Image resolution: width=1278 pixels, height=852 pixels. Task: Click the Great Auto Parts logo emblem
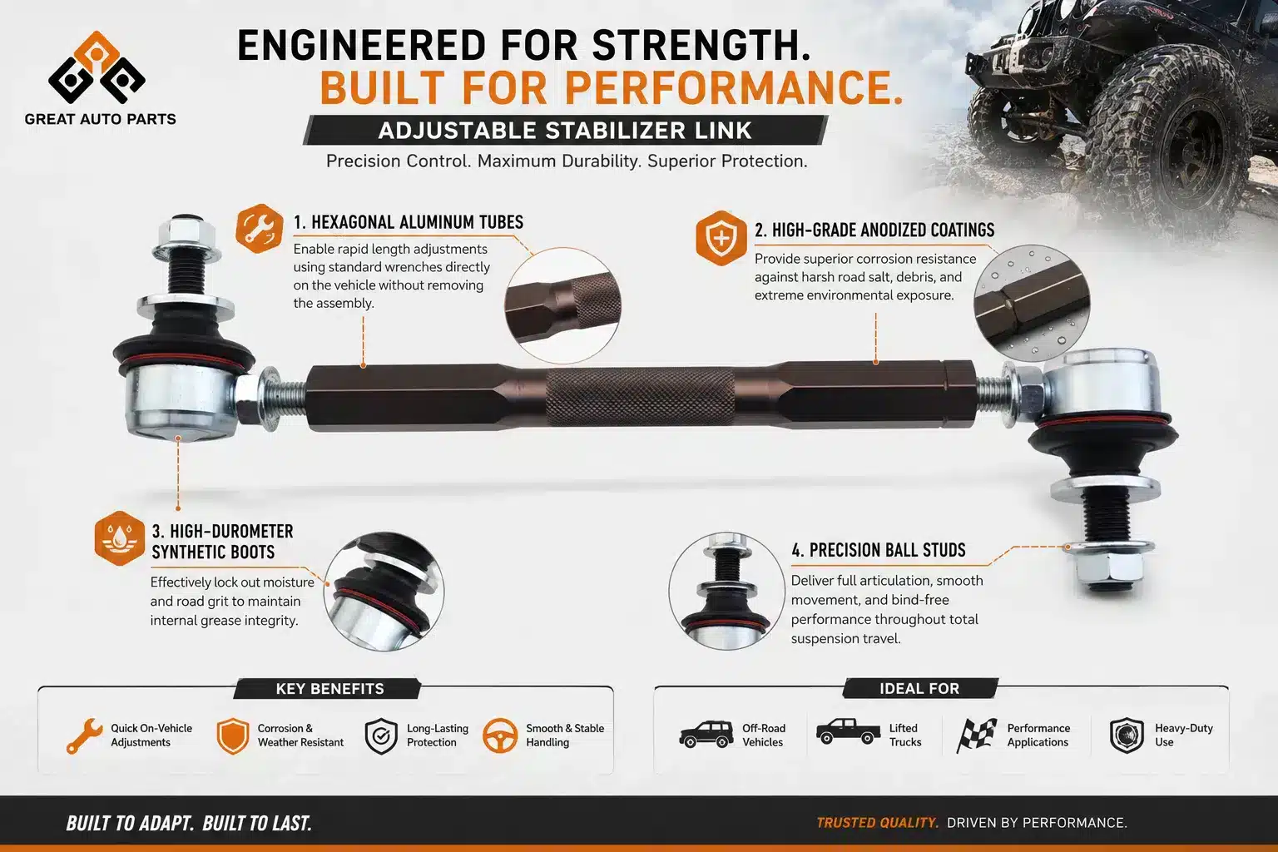click(97, 67)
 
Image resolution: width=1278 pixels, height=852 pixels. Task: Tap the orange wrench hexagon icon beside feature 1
click(260, 228)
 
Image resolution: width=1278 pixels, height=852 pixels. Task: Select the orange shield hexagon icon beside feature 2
click(721, 238)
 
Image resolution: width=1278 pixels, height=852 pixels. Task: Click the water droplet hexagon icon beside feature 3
click(119, 538)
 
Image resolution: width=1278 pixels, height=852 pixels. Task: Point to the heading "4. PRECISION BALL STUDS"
click(878, 550)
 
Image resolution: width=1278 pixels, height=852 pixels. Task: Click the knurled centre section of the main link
click(640, 397)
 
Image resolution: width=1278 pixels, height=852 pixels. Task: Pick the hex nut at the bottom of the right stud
click(1107, 571)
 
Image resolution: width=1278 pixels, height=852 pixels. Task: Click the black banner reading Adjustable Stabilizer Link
click(565, 130)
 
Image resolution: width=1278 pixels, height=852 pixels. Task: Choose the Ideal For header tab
click(919, 688)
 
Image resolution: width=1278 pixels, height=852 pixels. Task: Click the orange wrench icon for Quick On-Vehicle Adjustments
click(84, 736)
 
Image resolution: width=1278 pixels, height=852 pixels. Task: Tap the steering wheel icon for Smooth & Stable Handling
click(500, 735)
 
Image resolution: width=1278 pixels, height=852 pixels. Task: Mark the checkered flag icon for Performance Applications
click(976, 735)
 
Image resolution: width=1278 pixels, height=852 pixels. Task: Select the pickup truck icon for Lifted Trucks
click(848, 731)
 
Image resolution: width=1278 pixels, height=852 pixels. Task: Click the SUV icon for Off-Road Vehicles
click(706, 734)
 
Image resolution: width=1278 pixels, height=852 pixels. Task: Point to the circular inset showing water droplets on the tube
click(1032, 303)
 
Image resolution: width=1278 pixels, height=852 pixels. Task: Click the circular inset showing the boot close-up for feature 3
click(384, 592)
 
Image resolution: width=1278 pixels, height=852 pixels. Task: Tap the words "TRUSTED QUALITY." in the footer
click(878, 822)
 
